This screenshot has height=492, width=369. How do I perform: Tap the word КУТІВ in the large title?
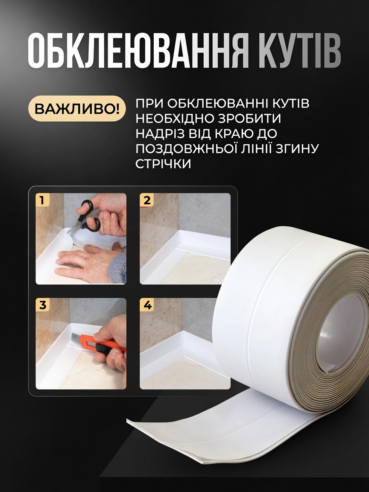(300, 50)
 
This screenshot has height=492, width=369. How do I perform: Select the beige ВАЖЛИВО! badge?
(77, 108)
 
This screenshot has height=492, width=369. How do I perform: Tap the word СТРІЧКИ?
(163, 164)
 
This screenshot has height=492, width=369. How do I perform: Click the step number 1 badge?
(42, 200)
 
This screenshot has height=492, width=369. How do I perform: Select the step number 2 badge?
(146, 200)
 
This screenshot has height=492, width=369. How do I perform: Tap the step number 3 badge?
(42, 305)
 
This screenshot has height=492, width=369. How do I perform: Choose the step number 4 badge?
(146, 305)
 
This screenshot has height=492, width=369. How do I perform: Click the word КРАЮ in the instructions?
(234, 134)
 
